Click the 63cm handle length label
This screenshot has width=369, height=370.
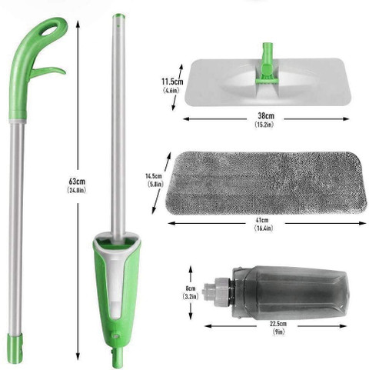click(77, 182)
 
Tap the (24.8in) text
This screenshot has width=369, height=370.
click(77, 191)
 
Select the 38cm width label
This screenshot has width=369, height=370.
click(266, 116)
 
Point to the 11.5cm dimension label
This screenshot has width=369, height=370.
click(172, 82)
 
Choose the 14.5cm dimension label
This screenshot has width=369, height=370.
click(154, 176)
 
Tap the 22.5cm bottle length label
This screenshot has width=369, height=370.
click(278, 324)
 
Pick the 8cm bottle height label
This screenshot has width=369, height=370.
click(191, 288)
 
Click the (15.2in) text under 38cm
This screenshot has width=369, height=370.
click(264, 125)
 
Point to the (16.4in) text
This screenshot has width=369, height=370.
click(264, 228)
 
